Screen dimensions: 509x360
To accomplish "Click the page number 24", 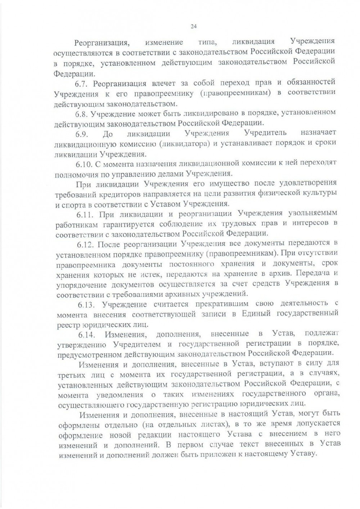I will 193,26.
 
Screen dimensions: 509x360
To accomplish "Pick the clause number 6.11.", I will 85,215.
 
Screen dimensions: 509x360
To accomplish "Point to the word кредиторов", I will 120,195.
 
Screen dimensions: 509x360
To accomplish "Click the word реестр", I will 68,324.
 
